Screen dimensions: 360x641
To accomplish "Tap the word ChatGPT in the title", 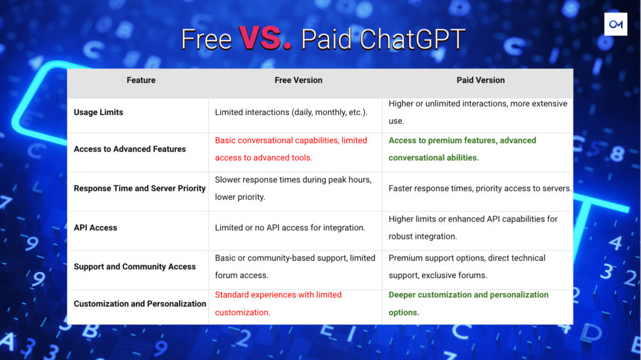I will (413, 39).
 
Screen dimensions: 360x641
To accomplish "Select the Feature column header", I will (141, 80).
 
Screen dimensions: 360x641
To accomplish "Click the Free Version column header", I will (299, 80).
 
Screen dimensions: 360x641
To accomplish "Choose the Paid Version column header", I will (480, 80).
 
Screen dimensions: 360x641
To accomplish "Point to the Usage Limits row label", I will (98, 113).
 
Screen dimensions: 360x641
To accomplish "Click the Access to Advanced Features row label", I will (130, 149).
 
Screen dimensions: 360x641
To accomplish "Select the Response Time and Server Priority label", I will (140, 188).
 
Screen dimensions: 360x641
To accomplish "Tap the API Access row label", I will (95, 228).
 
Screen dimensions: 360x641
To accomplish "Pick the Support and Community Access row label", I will (135, 267).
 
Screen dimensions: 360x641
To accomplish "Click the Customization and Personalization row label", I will (140, 304).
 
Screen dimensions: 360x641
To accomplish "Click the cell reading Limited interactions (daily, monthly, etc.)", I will (291, 113).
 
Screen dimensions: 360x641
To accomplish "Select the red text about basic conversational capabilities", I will (291, 149).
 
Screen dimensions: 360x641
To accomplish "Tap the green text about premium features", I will (462, 149).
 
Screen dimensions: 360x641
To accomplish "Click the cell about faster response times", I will (480, 188).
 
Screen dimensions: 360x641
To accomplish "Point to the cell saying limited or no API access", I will (290, 228).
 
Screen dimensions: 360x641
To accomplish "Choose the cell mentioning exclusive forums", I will (467, 267).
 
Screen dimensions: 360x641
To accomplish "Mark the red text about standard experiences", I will (278, 304).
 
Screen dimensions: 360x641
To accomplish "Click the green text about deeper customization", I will (468, 304).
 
